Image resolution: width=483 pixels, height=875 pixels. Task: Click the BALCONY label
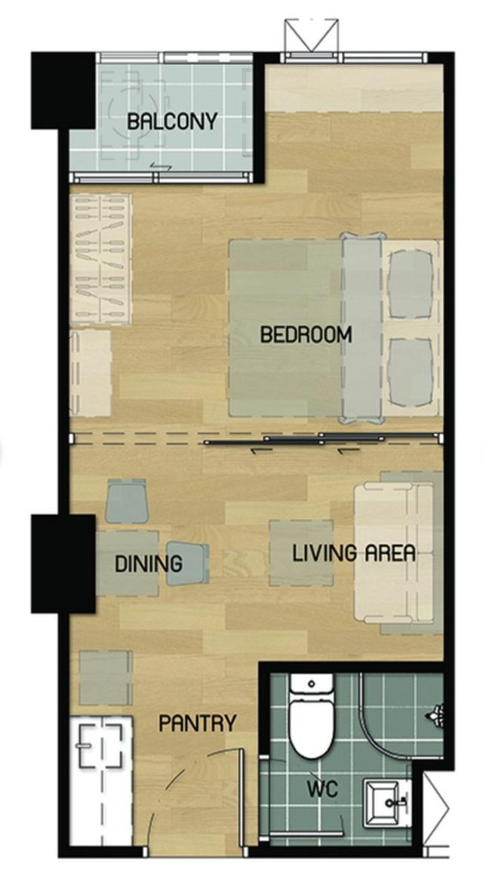tap(172, 121)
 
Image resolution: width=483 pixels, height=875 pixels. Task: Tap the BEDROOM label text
tap(306, 335)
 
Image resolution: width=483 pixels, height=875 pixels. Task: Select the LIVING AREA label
tap(354, 553)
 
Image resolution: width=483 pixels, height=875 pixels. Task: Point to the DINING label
tap(149, 563)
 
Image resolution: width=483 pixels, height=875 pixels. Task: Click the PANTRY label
tap(198, 724)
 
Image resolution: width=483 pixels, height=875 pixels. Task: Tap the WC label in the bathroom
tap(323, 790)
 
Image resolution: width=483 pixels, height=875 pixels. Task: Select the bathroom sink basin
tap(386, 803)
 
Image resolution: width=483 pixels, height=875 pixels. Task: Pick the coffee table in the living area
tap(301, 553)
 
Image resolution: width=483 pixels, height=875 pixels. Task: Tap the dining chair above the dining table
tap(127, 501)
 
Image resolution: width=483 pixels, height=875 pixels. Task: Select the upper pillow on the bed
tap(411, 284)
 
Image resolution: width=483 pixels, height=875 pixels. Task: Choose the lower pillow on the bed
tap(411, 372)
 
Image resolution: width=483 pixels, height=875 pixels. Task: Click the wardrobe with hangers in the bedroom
tap(100, 259)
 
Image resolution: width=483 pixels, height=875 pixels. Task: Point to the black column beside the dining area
tap(63, 563)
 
